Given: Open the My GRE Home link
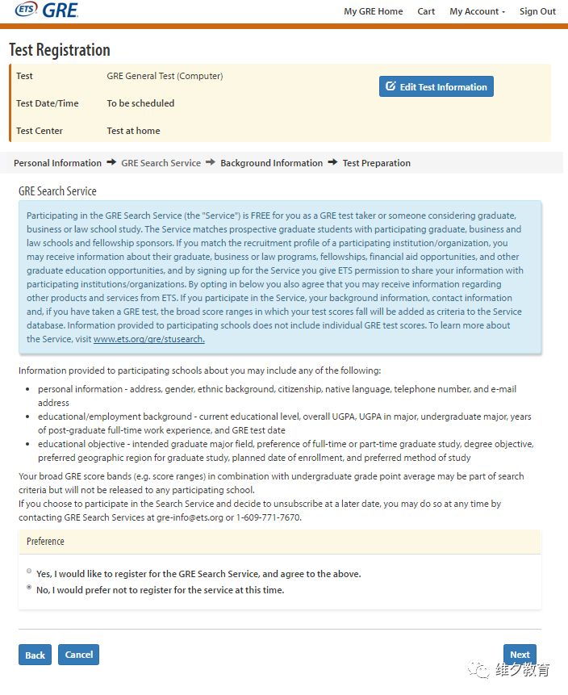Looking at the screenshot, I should point(373,11).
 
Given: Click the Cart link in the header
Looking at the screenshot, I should point(426,11).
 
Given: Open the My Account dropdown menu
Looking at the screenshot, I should point(477,11).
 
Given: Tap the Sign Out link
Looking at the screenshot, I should point(537,11).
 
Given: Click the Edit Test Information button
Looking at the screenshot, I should point(436,86).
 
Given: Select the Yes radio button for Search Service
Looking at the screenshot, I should point(29,572).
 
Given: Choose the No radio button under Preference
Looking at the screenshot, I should point(29,589).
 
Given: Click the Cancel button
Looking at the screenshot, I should point(78,655).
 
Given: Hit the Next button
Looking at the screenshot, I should point(520,655).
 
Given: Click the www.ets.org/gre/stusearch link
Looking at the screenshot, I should point(148,339).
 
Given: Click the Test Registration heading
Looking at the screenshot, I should point(60,50).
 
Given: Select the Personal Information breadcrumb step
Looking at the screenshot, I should point(57,163).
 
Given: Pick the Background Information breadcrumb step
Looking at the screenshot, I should point(271,163).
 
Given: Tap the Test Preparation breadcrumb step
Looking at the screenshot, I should point(376,163).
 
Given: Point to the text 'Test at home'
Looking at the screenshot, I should point(133,131).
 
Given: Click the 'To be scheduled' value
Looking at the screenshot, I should point(140,103).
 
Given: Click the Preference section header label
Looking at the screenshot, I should point(45,542).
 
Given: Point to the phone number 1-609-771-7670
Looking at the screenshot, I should point(265,517).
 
